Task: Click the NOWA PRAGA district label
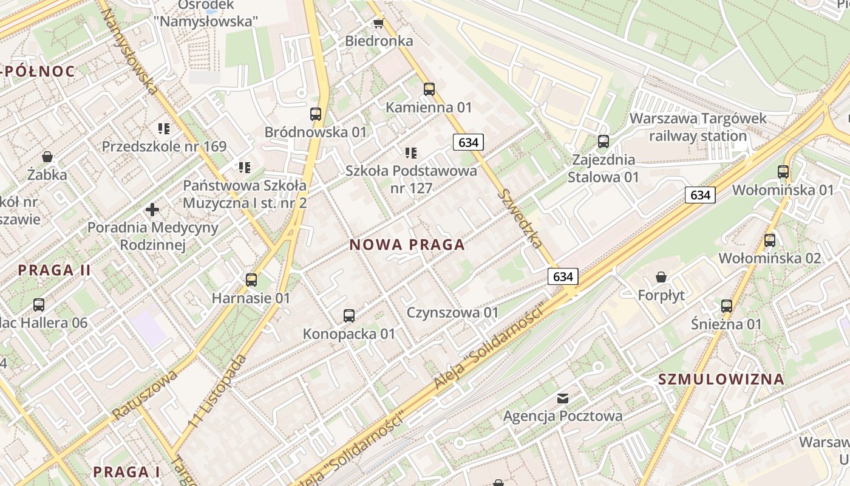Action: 407,245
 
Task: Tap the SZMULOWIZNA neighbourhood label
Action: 721,380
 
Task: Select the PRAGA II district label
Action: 54,270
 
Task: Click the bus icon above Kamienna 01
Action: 429,89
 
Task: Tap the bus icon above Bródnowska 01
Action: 316,114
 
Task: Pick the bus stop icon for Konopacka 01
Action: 349,315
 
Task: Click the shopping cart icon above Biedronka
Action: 379,23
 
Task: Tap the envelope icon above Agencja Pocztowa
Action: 563,398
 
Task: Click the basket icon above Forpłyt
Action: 661,277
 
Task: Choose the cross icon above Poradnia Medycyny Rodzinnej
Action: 152,210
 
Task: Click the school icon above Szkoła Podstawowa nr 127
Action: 411,153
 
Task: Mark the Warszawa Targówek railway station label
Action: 698,127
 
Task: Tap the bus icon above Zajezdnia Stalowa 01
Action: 603,142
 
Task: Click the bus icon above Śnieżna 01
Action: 727,306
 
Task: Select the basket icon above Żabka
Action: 47,157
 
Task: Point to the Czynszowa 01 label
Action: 452,313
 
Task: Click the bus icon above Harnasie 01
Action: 251,280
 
